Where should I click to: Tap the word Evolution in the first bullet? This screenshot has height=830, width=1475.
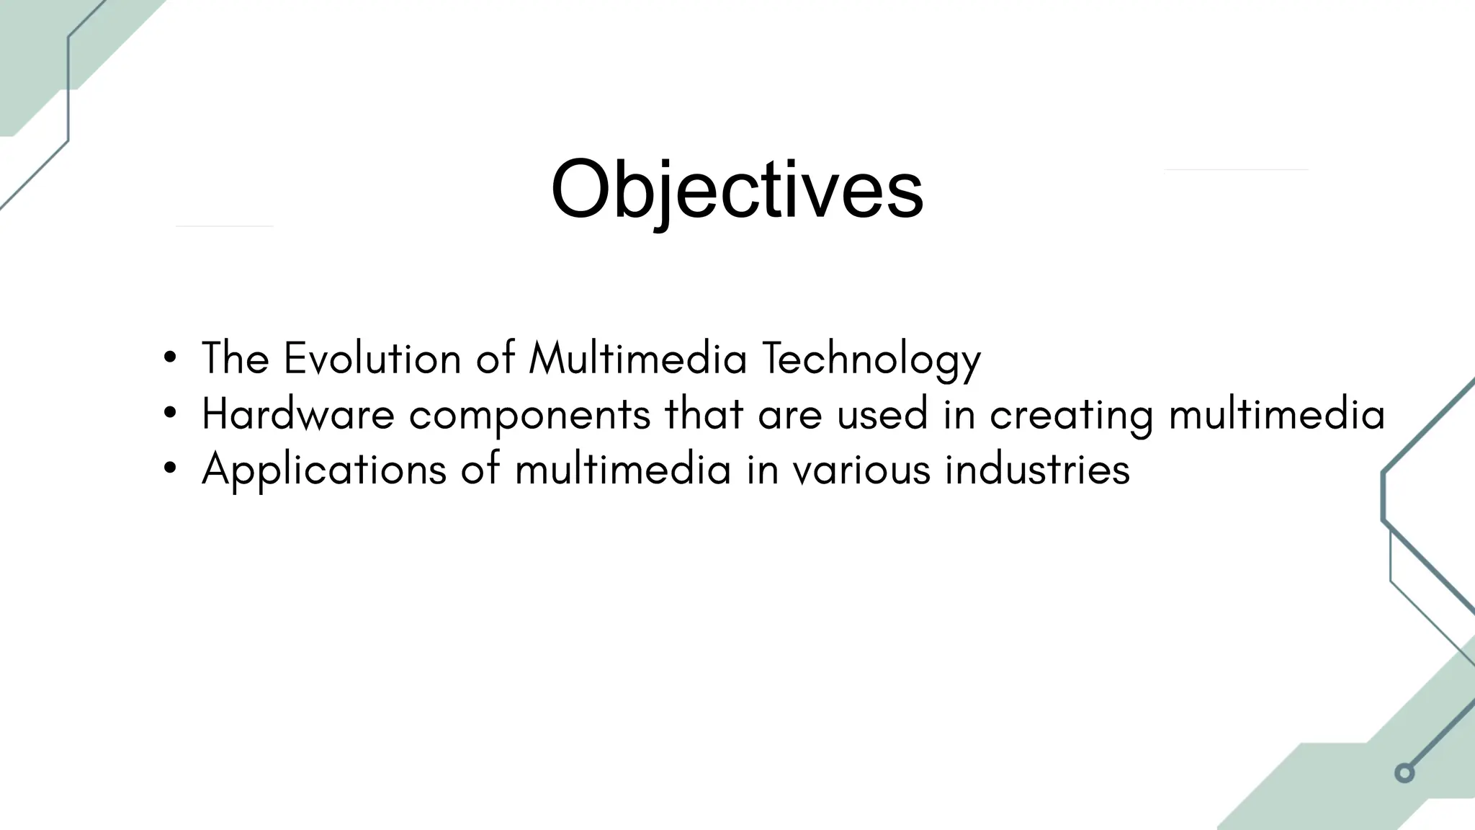pos(372,358)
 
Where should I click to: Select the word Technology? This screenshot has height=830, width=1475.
pos(871,360)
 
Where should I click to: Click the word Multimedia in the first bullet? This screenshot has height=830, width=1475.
pos(638,358)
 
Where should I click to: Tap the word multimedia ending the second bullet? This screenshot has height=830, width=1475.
pos(1277,414)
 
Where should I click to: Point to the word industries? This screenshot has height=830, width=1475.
pos(1037,470)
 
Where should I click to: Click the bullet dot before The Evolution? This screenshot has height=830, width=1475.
pos(170,358)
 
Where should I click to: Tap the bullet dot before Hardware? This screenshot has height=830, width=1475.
pos(170,414)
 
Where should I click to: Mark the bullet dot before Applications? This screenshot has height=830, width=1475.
pos(170,469)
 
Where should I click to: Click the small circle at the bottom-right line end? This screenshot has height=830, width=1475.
pos(1404,773)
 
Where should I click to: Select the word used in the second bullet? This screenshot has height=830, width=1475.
pos(882,414)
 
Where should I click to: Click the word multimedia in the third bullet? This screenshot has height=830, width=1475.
pos(623,470)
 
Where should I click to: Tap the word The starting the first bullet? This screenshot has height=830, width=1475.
pos(236,358)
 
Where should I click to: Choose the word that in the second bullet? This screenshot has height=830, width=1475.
pos(704,414)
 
